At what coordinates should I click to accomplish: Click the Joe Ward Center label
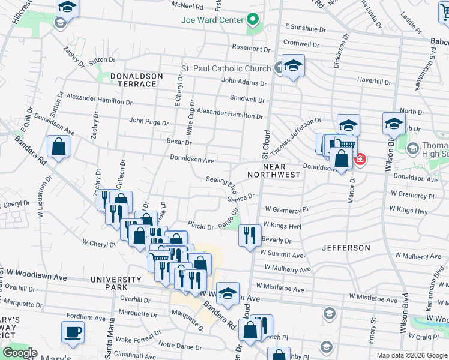212,19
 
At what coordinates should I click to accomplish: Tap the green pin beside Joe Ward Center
253,20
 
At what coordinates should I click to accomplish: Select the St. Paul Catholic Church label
226,69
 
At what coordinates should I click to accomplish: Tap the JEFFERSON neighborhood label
346,247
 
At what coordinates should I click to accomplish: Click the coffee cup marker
73,332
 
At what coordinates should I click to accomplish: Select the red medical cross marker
360,160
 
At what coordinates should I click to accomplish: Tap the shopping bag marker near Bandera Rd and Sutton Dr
59,146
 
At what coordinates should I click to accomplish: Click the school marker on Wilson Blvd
394,124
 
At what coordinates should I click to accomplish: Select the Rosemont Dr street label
252,47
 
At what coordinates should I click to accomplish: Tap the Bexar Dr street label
179,142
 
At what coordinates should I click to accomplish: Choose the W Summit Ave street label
283,254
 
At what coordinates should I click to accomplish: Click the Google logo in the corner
20,353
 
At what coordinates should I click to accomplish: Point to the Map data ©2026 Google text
411,355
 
